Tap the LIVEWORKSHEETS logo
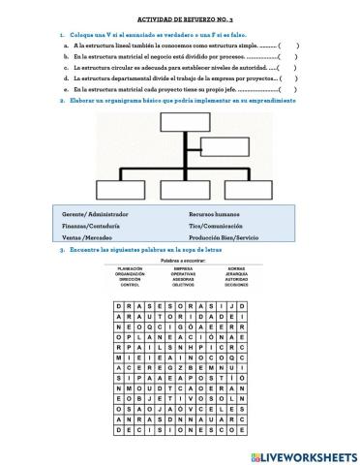(302, 454)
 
